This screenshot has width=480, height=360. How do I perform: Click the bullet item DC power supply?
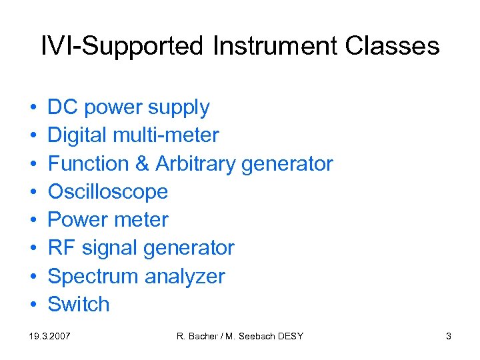pos(129,107)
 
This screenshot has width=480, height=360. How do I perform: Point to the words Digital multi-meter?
pos(133,135)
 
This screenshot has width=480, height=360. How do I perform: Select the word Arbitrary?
pos(195,163)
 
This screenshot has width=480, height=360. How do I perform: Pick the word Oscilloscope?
pos(108,192)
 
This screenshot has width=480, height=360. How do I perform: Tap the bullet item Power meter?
pos(108,220)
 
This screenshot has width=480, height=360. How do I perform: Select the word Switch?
pos(79,305)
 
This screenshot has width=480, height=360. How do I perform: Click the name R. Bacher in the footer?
pos(198,337)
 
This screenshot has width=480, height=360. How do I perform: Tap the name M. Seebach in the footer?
pos(251,337)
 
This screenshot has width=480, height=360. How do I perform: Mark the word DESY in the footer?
pos(290,337)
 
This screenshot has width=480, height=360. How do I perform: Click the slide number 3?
pos(448,337)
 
